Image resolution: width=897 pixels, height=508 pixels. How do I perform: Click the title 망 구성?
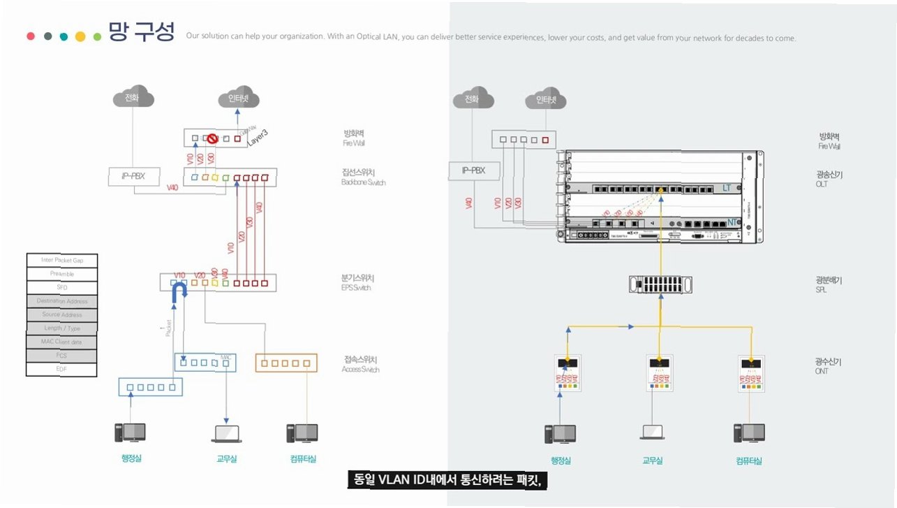pyautogui.click(x=141, y=31)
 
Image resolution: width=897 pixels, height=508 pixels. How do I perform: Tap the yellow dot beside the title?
pyautogui.click(x=80, y=36)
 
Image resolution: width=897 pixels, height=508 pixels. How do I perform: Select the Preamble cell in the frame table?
pyautogui.click(x=61, y=274)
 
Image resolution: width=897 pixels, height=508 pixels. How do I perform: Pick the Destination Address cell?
pyautogui.click(x=61, y=301)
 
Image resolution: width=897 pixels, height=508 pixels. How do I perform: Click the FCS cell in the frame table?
pyautogui.click(x=61, y=356)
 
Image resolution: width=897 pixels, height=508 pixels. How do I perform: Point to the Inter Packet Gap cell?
pyautogui.click(x=61, y=260)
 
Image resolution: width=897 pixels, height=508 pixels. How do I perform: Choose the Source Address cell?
pyautogui.click(x=61, y=314)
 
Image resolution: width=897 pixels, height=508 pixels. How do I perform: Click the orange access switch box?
pyautogui.click(x=286, y=362)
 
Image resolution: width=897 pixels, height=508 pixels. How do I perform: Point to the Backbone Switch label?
pyautogui.click(x=363, y=182)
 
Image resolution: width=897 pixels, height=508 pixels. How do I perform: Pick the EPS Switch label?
pyautogui.click(x=356, y=287)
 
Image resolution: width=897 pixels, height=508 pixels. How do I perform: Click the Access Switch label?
pyautogui.click(x=360, y=369)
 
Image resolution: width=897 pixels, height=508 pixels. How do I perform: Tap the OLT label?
pyautogui.click(x=822, y=184)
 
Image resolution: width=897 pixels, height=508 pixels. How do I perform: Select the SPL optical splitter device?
pyautogui.click(x=660, y=284)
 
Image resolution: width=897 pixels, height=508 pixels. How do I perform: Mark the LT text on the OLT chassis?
pyautogui.click(x=726, y=188)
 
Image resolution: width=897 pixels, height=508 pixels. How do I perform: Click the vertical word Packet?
pyautogui.click(x=168, y=328)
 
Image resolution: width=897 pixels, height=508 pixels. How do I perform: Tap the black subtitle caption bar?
pyautogui.click(x=445, y=480)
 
